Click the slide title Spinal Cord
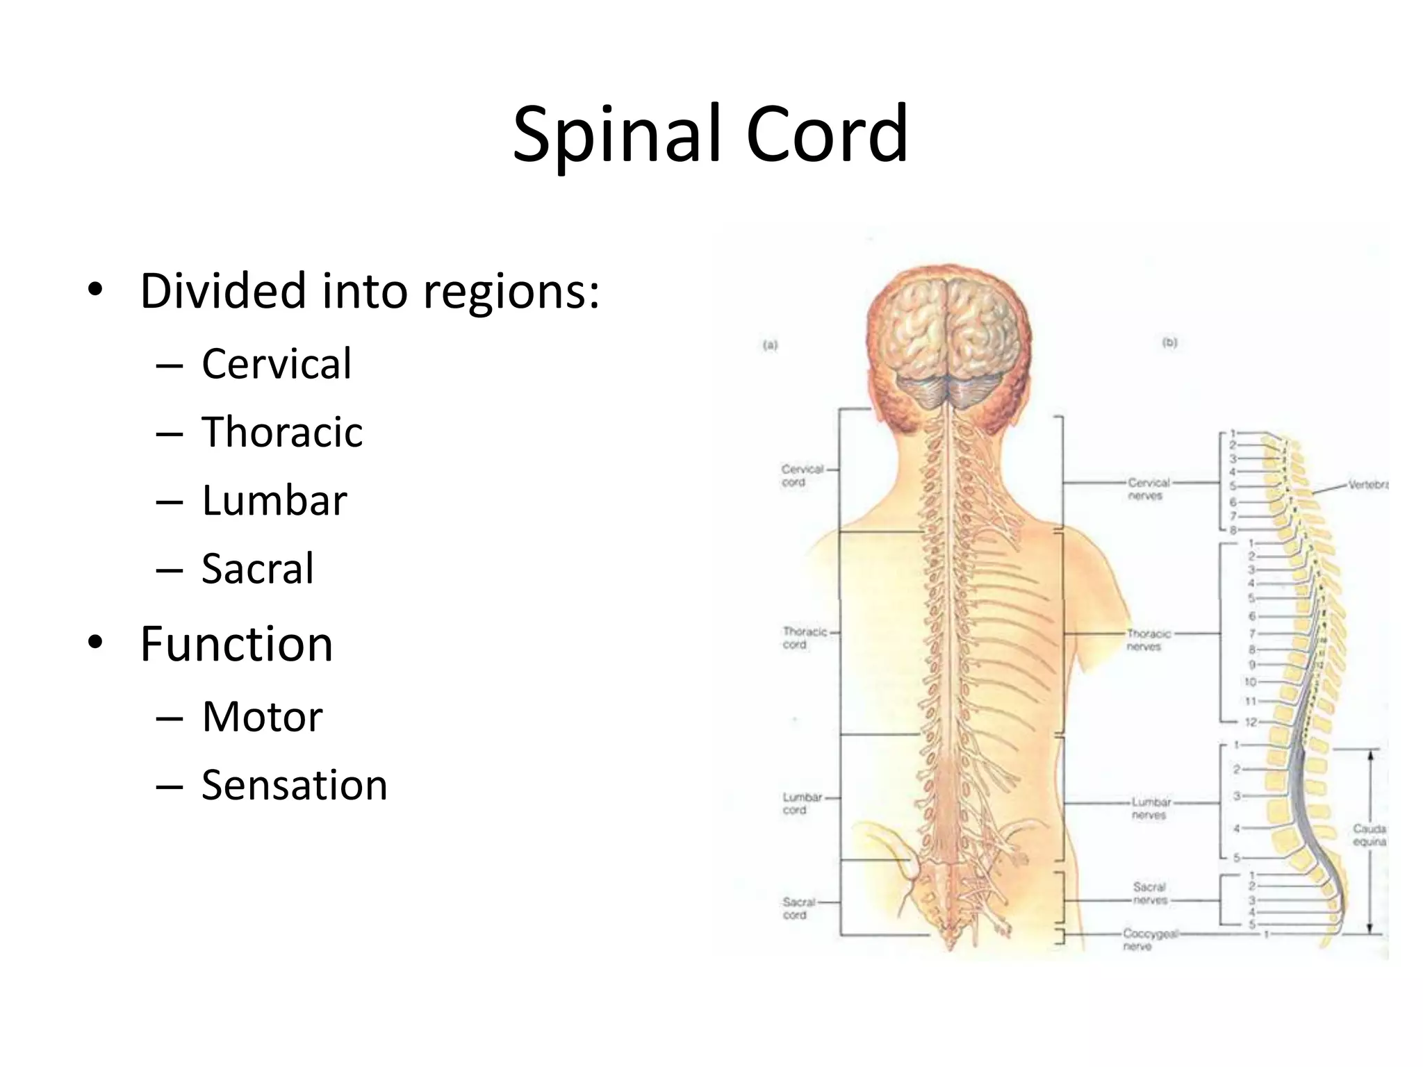[710, 133]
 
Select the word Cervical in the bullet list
[277, 363]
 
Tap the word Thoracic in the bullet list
[282, 431]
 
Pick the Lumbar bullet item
[274, 500]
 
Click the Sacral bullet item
[258, 568]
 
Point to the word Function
[236, 644]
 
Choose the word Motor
[263, 716]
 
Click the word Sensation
[295, 785]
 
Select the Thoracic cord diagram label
[804, 638]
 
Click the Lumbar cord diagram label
[802, 803]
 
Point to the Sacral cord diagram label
[798, 908]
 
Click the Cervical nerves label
[1148, 488]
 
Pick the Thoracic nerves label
[1148, 640]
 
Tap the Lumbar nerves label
[1151, 808]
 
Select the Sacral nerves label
[1150, 893]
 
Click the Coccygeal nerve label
[1150, 939]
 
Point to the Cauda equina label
[1369, 834]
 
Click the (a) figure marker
[770, 345]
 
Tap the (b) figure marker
[1169, 342]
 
